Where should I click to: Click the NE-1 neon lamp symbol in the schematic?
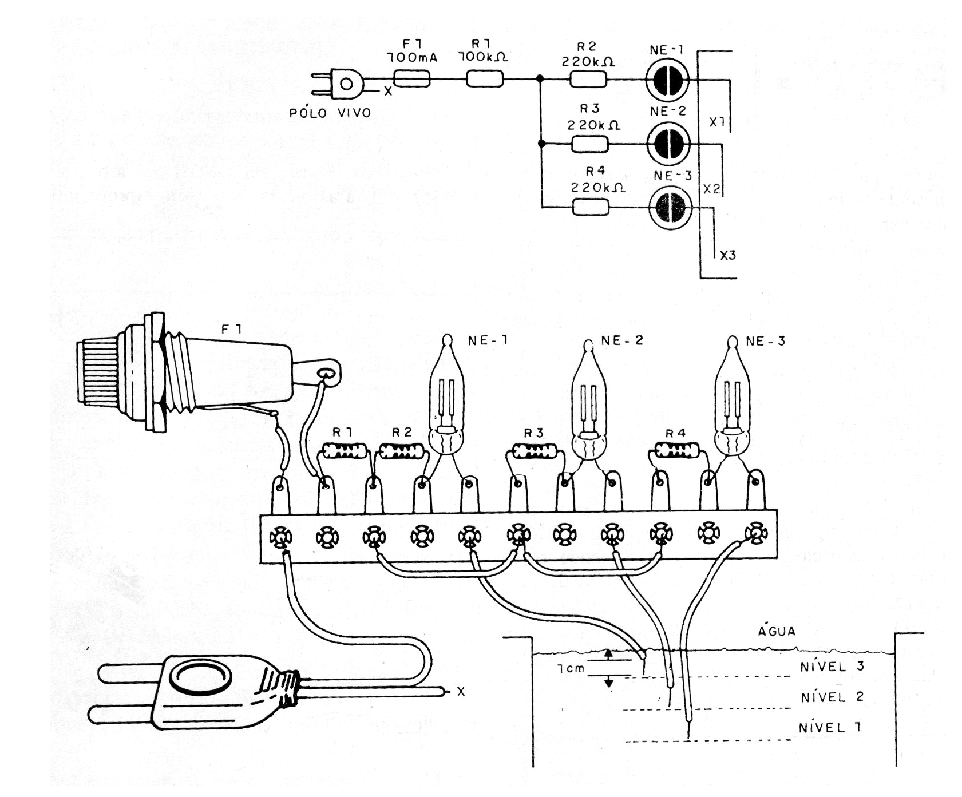click(667, 80)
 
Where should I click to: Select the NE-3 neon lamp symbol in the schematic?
click(670, 207)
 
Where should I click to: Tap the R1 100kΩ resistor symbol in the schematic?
click(484, 79)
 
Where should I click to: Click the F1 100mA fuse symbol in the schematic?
click(412, 79)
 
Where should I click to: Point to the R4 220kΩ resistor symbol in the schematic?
click(591, 207)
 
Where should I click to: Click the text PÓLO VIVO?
click(330, 113)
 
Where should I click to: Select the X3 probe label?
click(727, 256)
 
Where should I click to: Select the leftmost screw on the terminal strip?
click(280, 538)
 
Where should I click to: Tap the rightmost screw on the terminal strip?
click(755, 533)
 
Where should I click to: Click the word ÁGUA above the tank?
click(777, 631)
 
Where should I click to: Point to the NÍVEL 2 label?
click(832, 697)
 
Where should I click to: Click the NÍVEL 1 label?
click(830, 728)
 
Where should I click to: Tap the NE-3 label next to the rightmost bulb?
click(765, 342)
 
